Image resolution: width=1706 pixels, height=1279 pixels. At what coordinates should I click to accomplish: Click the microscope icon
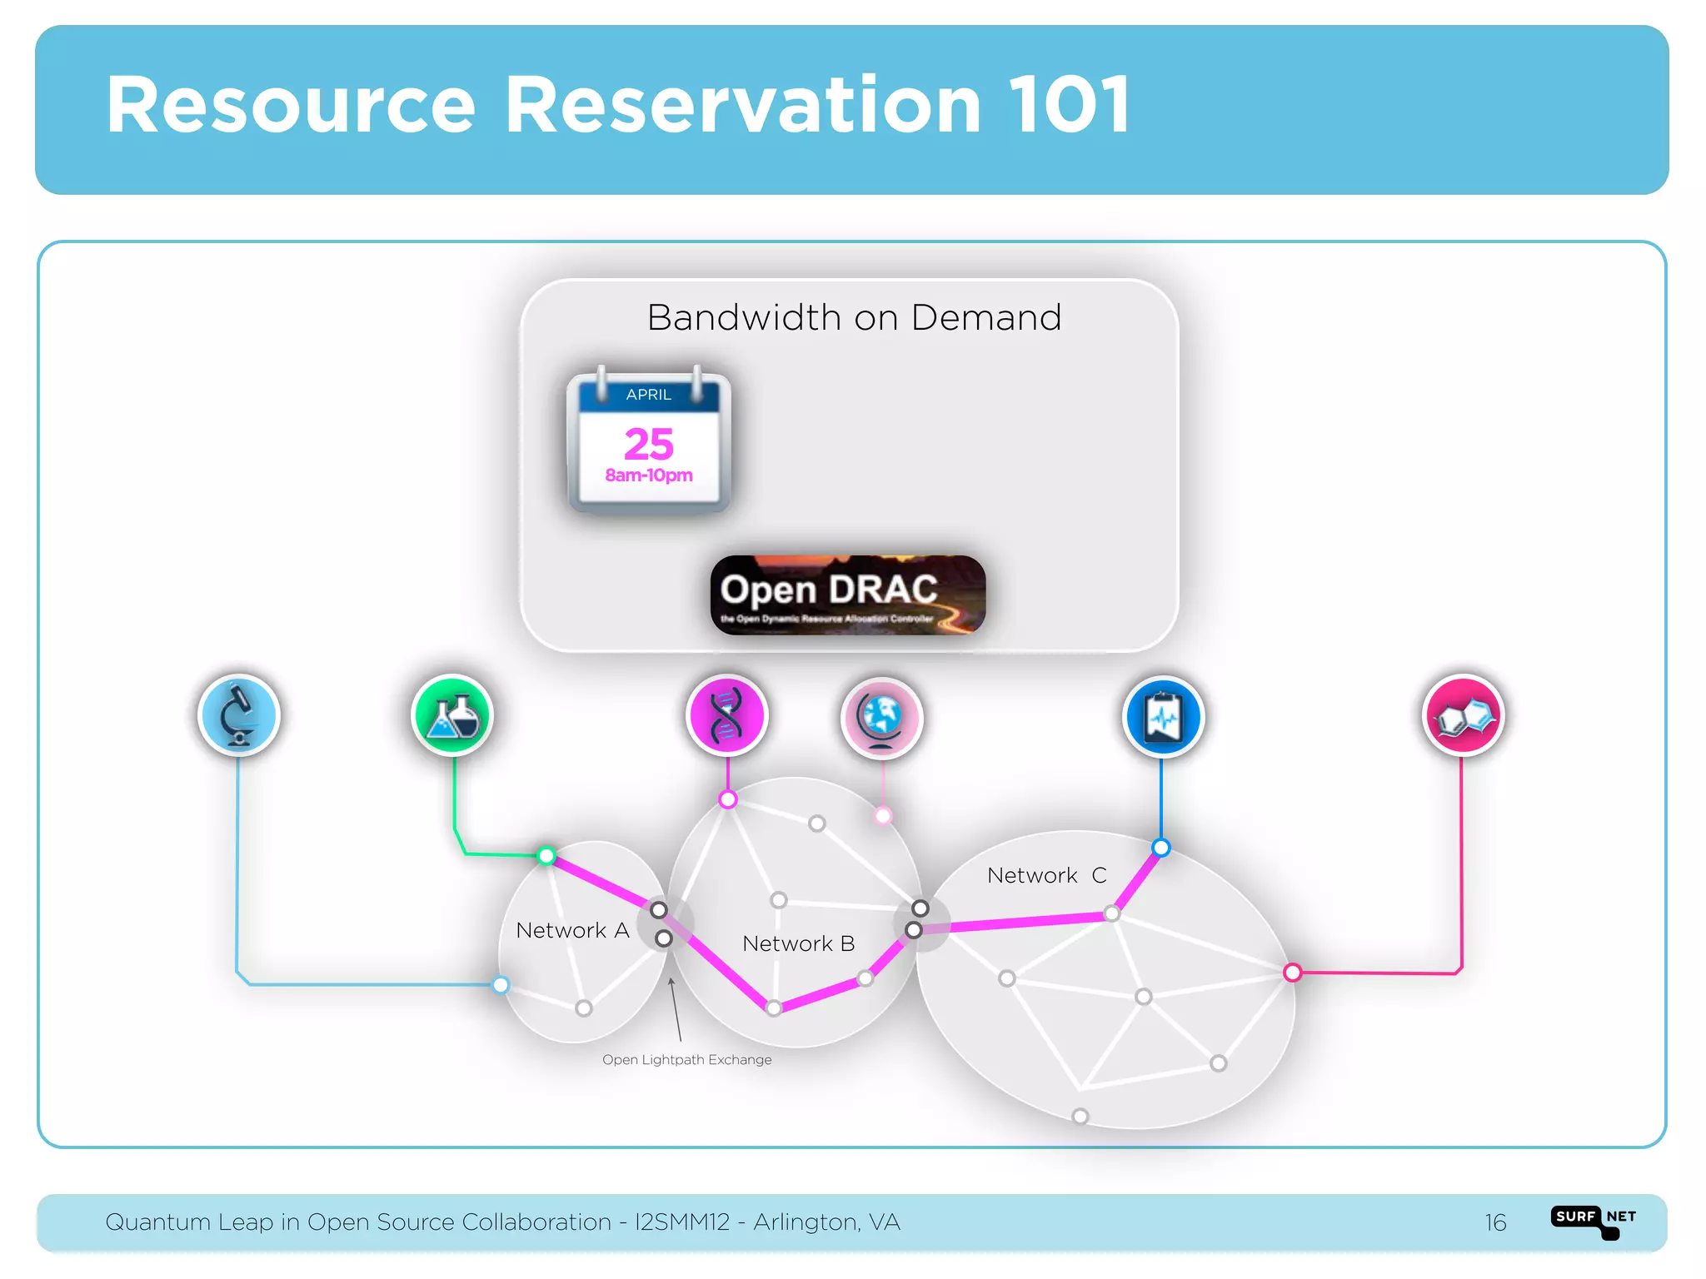click(x=239, y=715)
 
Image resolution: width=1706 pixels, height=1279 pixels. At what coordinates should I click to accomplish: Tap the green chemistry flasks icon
click(x=452, y=715)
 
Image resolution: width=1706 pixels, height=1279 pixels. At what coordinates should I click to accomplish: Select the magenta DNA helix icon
click(x=726, y=715)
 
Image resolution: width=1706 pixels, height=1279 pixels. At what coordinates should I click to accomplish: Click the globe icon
click(x=881, y=717)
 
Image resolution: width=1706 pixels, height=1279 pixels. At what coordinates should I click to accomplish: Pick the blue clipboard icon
click(x=1163, y=717)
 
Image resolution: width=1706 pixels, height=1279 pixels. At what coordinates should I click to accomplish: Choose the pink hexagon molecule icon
click(x=1463, y=715)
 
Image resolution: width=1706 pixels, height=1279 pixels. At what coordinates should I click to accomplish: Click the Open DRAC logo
click(x=848, y=595)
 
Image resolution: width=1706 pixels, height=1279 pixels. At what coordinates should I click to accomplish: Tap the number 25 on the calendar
click(x=649, y=444)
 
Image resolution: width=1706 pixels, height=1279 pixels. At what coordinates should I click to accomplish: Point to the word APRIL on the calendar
click(x=649, y=395)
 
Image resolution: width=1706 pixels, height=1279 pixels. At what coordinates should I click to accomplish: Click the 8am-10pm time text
click(x=649, y=475)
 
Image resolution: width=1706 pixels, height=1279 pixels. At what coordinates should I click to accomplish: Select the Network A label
click(x=572, y=930)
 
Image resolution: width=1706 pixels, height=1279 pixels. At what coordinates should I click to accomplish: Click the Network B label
click(x=798, y=943)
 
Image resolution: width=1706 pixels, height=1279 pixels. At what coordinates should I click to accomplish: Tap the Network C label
click(x=1046, y=875)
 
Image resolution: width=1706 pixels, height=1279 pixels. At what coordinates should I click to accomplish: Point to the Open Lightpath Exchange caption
click(x=686, y=1060)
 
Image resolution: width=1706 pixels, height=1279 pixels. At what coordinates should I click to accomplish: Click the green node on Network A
click(x=546, y=855)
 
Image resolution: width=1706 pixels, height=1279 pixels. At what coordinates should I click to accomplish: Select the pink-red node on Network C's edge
click(x=1292, y=973)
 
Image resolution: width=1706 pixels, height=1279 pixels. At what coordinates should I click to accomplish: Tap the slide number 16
click(x=1495, y=1222)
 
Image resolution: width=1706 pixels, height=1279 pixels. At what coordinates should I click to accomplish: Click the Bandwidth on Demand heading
click(x=854, y=317)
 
